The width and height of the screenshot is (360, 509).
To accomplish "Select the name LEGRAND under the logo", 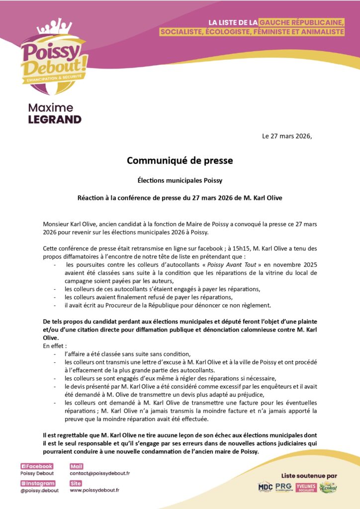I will pyautogui.click(x=55, y=119).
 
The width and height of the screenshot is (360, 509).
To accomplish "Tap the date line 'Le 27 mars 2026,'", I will pyautogui.click(x=287, y=136).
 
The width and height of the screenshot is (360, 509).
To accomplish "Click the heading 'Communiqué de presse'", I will pyautogui.click(x=180, y=161).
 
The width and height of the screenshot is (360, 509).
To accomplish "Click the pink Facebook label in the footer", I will pyautogui.click(x=37, y=466).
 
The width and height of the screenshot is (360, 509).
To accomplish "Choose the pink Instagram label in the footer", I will pyautogui.click(x=38, y=483).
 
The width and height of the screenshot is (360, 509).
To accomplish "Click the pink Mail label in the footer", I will pyautogui.click(x=77, y=466).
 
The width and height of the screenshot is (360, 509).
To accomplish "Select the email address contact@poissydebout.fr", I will pyautogui.click(x=99, y=474).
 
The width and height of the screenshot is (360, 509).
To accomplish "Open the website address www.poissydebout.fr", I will pyautogui.click(x=94, y=490).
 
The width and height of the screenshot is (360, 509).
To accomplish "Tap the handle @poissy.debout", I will pyautogui.click(x=39, y=491).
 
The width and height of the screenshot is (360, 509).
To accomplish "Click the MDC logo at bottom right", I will pyautogui.click(x=265, y=488).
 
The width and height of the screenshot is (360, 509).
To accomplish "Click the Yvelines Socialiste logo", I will pyautogui.click(x=306, y=488).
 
